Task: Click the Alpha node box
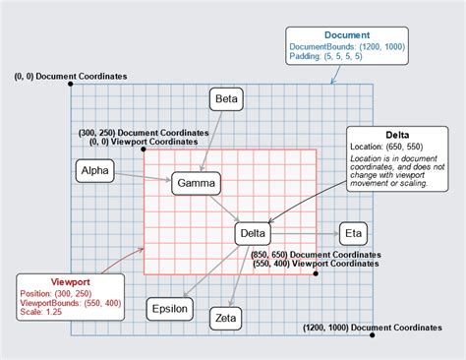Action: point(95,171)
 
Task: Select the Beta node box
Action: point(226,98)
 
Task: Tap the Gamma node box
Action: point(196,183)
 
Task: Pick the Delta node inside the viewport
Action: point(253,233)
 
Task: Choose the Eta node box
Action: point(353,233)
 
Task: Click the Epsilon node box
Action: point(167,309)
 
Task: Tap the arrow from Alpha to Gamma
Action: point(144,177)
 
